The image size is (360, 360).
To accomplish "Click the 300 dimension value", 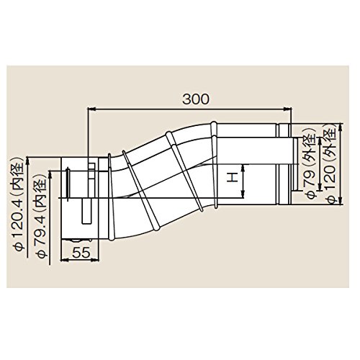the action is point(196,99).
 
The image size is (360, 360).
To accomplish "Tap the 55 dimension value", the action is point(81,252).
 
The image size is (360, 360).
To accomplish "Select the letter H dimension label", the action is point(232,178).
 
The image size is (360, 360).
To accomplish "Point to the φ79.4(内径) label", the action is point(41,215).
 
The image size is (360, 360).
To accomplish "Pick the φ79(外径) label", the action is point(311,163).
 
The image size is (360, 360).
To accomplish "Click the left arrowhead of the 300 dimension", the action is point(92,109).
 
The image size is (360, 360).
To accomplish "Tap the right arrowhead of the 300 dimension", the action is point(287,109).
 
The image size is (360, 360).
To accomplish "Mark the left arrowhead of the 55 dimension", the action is point(65,260).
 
